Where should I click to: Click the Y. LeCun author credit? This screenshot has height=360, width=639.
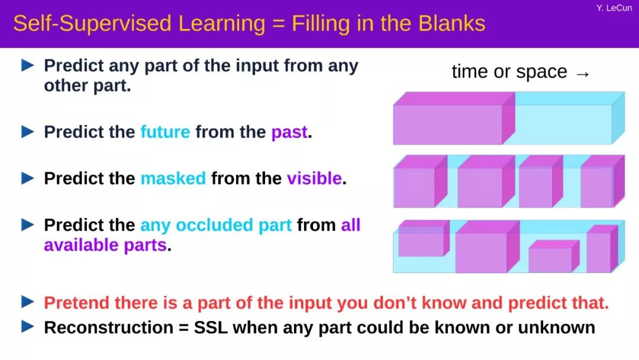tap(614, 8)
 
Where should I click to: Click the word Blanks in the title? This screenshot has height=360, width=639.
tap(451, 23)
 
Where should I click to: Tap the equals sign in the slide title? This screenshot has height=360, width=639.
tap(278, 24)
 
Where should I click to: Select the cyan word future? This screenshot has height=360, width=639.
tap(165, 132)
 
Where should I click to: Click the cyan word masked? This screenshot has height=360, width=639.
tap(173, 179)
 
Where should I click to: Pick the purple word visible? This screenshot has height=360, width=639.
tap(314, 179)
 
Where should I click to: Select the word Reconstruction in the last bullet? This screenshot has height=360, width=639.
tap(108, 327)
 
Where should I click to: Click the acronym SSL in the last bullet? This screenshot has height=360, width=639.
tap(211, 327)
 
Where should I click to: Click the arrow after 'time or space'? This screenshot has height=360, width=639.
tap(583, 74)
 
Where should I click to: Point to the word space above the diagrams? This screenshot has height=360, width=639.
tap(541, 72)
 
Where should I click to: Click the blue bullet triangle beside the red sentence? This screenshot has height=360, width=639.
tap(28, 302)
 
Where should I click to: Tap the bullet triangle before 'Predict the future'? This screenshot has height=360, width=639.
tap(28, 131)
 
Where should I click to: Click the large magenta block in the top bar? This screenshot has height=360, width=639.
tap(454, 118)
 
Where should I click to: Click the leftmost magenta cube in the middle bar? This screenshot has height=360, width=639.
tap(419, 182)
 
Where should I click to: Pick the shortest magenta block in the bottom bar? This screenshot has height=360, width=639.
tap(554, 256)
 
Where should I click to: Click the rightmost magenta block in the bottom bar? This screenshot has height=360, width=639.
tap(602, 249)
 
